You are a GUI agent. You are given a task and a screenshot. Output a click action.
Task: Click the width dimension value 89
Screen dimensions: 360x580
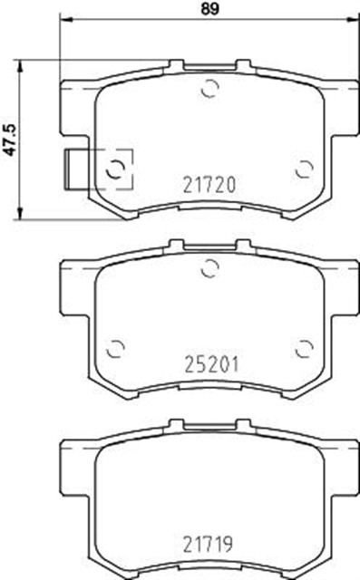click(209, 8)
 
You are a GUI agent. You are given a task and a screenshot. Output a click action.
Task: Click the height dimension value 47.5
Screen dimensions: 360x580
click(10, 140)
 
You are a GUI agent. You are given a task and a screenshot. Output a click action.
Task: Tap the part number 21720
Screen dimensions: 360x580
click(209, 185)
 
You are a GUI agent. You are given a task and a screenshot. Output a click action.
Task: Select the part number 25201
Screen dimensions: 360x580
click(211, 364)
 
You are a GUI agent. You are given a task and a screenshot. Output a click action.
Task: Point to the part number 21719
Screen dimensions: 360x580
click(208, 544)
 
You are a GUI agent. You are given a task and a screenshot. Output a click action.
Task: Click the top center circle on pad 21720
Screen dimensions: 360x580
click(209, 89)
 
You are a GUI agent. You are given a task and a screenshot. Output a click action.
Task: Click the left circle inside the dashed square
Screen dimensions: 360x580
click(115, 169)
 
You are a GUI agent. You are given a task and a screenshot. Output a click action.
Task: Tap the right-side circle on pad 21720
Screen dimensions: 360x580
click(305, 169)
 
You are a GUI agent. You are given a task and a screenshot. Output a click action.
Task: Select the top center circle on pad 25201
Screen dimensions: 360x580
click(209, 268)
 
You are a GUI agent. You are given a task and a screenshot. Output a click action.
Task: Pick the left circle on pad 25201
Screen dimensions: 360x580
click(115, 349)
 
